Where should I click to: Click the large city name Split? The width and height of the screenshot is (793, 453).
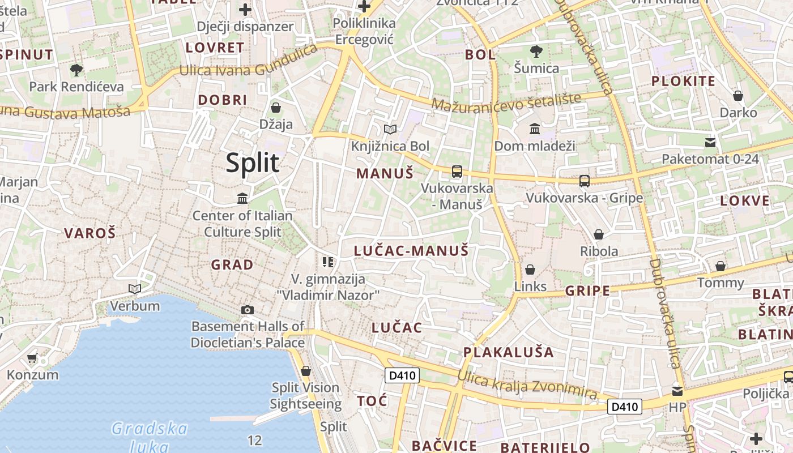253,163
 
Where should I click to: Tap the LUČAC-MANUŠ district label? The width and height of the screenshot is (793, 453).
411,250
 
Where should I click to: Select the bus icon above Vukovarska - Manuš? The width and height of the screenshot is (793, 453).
457,171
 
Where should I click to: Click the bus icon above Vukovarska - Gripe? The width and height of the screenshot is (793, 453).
585,181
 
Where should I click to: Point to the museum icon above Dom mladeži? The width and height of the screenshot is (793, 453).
535,129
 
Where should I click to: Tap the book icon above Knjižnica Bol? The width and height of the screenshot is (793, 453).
390,130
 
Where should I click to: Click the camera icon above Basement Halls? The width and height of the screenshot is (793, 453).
248,310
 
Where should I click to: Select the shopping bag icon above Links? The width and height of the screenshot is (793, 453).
530,270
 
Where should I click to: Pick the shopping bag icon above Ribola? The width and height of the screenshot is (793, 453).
599,234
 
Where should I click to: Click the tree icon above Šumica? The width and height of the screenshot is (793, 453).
536,52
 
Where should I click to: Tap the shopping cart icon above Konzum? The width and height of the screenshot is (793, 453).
32,358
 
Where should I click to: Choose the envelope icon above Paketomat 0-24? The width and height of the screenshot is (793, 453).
710,142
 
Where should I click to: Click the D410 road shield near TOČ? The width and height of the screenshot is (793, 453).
402,375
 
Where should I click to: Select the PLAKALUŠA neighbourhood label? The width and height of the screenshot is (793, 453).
508,352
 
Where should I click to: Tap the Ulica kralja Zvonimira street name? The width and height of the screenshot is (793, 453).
527,386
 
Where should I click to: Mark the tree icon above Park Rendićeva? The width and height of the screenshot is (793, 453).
76,70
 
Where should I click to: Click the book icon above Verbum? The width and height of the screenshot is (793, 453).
135,289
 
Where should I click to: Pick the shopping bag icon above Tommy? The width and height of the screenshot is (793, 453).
720,266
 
